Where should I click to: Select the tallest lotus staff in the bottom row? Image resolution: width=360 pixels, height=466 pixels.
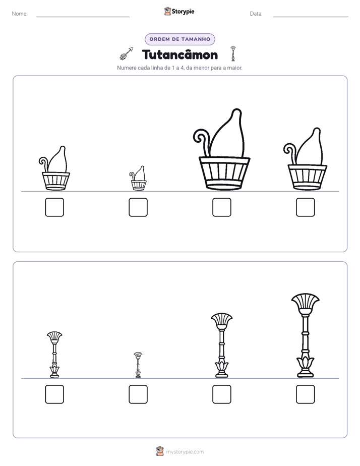point(306,336)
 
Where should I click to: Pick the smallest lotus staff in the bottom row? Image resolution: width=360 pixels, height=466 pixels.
point(138,365)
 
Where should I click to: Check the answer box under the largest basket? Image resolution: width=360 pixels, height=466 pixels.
point(221,207)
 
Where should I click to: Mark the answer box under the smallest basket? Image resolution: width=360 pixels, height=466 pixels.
point(138,207)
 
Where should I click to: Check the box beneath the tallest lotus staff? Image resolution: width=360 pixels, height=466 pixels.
point(306,394)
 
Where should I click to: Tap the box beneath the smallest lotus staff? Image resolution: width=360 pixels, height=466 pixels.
point(138,394)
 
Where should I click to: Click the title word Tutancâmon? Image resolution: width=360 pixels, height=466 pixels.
point(180,54)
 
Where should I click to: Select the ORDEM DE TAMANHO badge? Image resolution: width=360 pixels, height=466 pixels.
point(180,39)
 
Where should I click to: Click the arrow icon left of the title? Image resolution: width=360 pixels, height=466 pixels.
point(127,53)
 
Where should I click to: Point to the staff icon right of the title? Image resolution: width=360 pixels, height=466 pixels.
point(233,54)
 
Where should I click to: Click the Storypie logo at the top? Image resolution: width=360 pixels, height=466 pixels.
point(179,11)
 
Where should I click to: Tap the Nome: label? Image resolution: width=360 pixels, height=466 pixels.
point(20,14)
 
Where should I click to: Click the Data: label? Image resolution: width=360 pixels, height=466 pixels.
point(256,14)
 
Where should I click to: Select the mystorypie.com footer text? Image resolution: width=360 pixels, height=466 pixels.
point(185,452)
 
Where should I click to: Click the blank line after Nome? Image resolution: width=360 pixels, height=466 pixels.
point(83,17)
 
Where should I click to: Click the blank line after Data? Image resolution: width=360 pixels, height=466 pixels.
point(311,17)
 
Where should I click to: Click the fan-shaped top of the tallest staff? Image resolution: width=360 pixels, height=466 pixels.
point(306,302)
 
